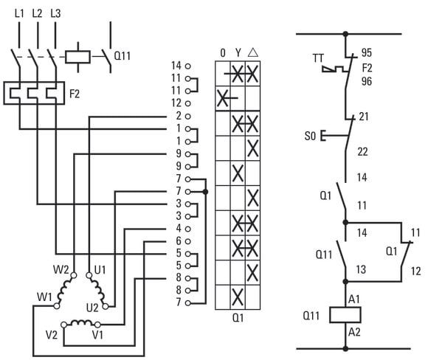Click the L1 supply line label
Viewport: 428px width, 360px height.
19,13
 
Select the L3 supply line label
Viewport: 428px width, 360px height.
55,13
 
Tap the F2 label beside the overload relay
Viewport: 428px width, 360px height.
75,94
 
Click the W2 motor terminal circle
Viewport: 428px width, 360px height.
74,275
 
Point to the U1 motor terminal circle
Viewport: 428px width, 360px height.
89,275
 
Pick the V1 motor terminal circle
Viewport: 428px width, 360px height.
97,325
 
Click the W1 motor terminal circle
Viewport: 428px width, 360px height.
57,306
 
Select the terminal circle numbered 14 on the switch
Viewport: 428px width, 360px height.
187,66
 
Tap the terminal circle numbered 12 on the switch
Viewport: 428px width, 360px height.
187,103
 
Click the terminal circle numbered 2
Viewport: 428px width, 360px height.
187,117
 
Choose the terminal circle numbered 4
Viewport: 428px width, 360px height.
187,229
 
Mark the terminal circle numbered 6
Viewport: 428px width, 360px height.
187,241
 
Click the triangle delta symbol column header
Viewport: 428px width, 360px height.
253,52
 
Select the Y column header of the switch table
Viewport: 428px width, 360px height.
238,52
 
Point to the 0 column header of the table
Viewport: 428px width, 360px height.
223,52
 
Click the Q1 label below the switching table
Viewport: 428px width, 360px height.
238,318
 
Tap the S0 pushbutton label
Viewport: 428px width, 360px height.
310,136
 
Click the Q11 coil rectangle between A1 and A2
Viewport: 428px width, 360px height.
345,315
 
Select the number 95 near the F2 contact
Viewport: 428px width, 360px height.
366,52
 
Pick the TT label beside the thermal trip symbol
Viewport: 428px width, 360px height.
318,58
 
